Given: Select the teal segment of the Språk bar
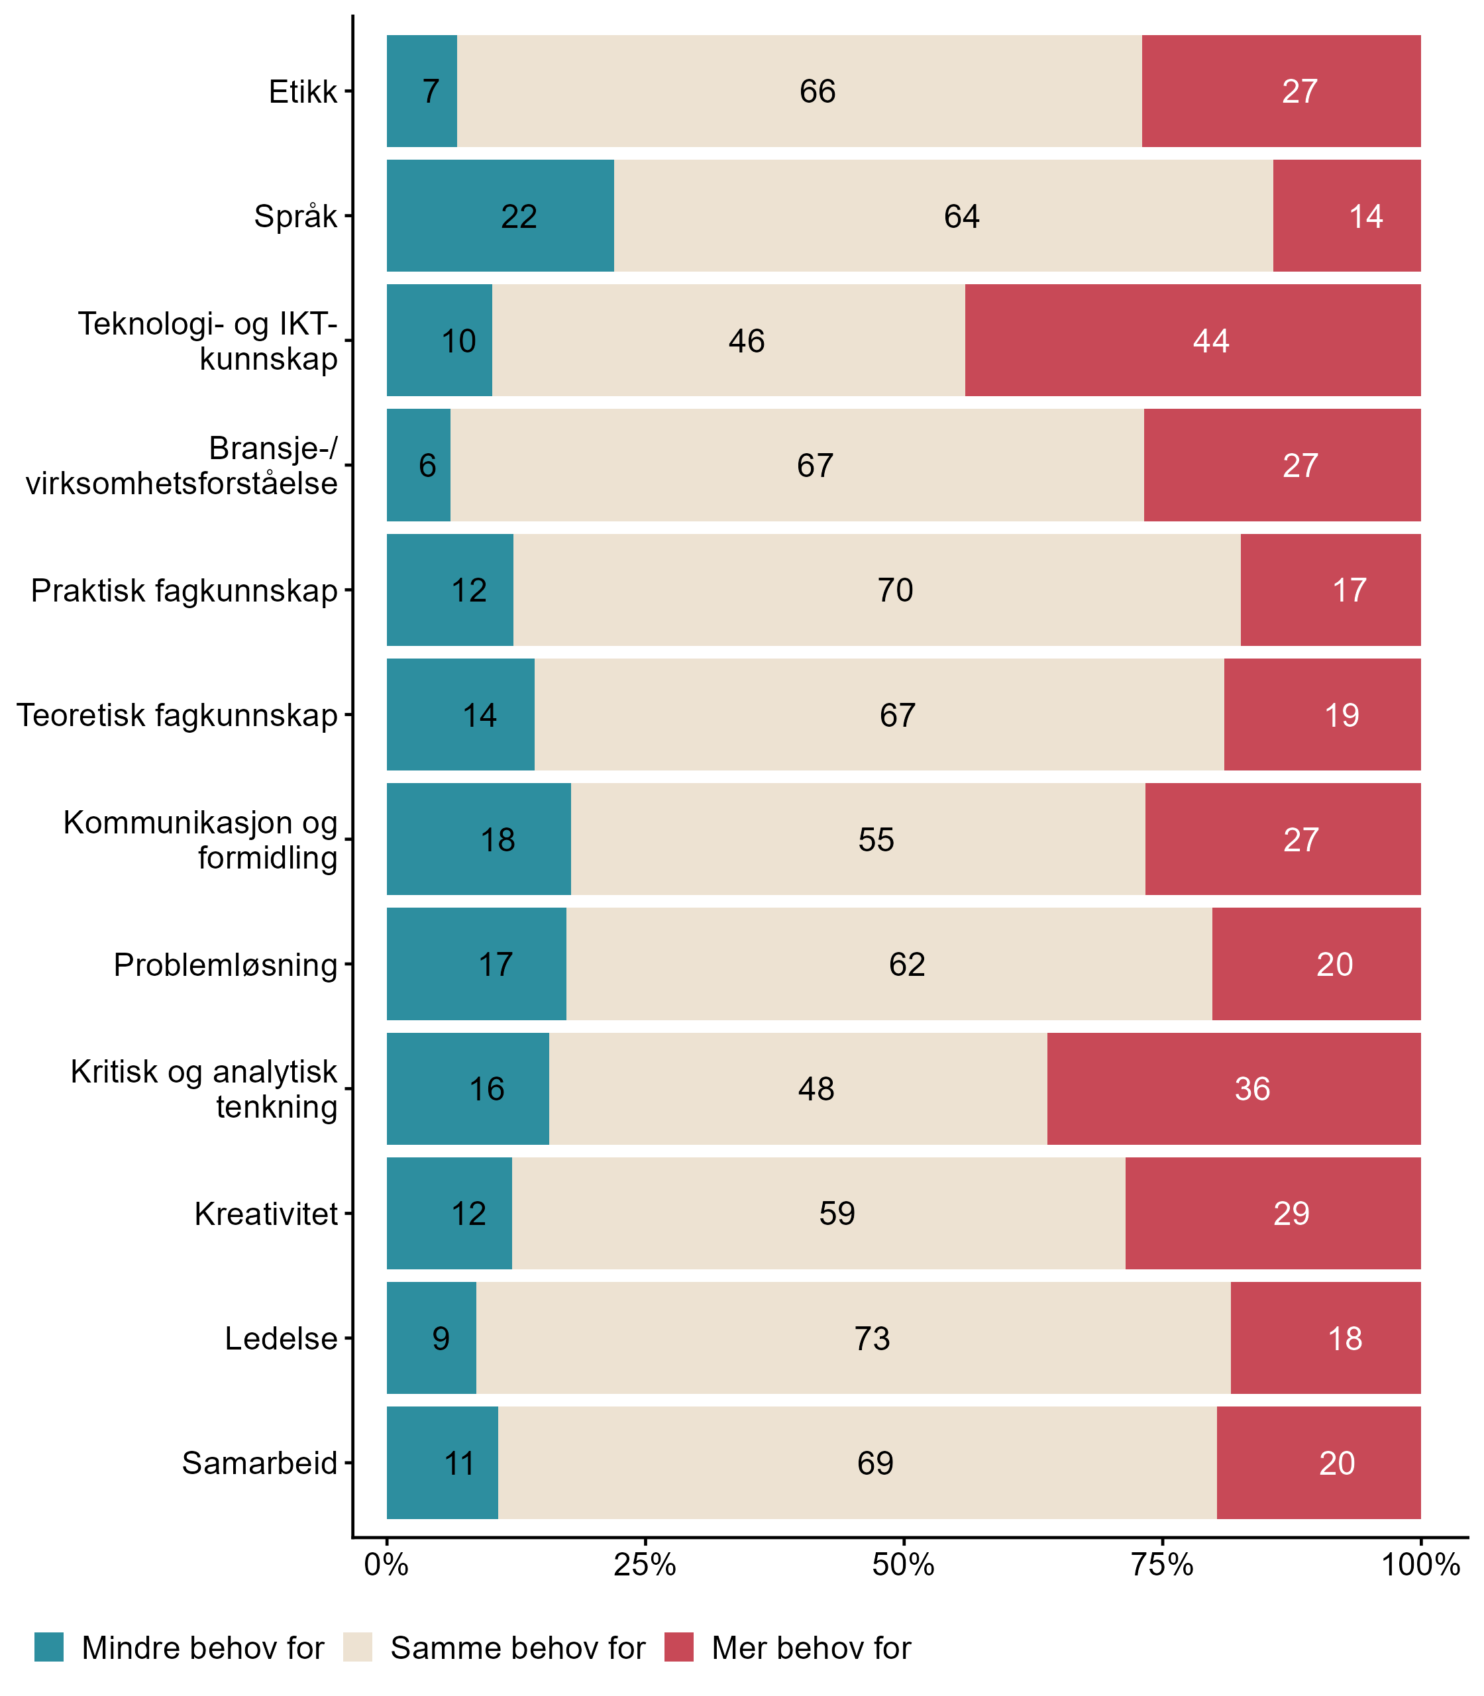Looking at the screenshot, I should (x=500, y=215).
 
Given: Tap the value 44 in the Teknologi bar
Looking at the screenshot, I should (x=1211, y=341).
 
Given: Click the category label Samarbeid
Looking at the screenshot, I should (x=259, y=1463).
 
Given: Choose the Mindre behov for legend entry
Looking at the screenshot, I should (x=202, y=1648).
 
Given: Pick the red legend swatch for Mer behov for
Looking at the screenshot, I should (x=678, y=1647).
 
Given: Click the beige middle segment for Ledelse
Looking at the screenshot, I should (x=853, y=1338).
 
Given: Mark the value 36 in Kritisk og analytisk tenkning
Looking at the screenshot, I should (x=1252, y=1089).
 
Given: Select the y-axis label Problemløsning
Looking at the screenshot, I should (x=225, y=965).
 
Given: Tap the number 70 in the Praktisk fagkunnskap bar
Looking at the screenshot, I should (x=895, y=590).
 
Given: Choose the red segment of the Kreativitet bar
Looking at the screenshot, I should (x=1273, y=1213).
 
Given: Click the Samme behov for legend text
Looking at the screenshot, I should (x=517, y=1648).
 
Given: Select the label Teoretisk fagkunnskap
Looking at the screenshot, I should (x=178, y=715).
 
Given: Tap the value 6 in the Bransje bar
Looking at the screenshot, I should (x=427, y=465).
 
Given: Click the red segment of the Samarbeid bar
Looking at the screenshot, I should (x=1318, y=1463).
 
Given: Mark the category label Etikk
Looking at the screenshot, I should (x=303, y=91).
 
